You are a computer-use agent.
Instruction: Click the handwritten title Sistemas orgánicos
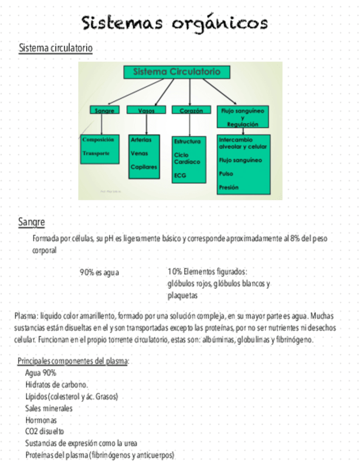pyautogui.click(x=175, y=23)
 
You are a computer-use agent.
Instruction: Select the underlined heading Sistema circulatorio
pyautogui.click(x=55, y=48)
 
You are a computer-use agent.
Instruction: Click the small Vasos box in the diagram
pyautogui.click(x=146, y=110)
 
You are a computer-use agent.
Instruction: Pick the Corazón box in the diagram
pyautogui.click(x=191, y=110)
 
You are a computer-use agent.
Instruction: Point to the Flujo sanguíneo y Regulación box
pyautogui.click(x=242, y=117)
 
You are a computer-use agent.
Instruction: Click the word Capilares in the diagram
pyautogui.click(x=144, y=167)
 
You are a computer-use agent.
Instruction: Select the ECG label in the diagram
pyautogui.click(x=180, y=175)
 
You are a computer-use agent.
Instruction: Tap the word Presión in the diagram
pyautogui.click(x=229, y=187)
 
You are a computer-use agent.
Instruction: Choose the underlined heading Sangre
pyautogui.click(x=31, y=222)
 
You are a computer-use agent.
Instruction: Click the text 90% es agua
pyautogui.click(x=99, y=272)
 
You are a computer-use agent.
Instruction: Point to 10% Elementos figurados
pyautogui.click(x=207, y=271)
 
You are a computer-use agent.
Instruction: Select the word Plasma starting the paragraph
pyautogui.click(x=25, y=316)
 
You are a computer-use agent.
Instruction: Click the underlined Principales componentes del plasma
pyautogui.click(x=72, y=361)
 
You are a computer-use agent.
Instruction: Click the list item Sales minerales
pyautogui.click(x=49, y=408)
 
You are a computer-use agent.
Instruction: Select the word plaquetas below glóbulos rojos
pyautogui.click(x=182, y=296)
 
